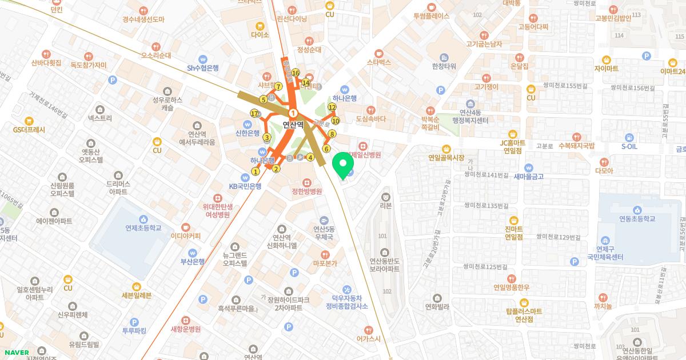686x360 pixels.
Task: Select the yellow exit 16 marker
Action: click(x=296, y=73)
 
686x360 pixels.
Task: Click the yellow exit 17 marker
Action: click(x=254, y=114)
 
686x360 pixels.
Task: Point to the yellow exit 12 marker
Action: click(x=332, y=107)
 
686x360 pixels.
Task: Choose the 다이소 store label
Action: click(x=260, y=34)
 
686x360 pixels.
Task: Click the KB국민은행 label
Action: click(x=245, y=186)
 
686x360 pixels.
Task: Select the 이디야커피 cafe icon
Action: click(x=185, y=226)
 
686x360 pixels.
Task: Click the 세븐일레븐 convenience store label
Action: click(x=137, y=295)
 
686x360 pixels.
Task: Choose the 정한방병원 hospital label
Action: click(x=307, y=191)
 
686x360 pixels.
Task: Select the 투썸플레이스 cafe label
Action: click(x=432, y=17)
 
